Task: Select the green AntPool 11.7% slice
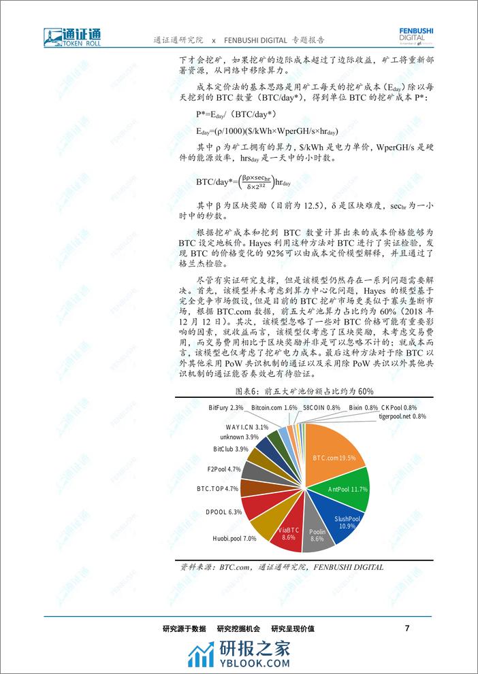click(347, 489)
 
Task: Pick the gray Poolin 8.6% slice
click(317, 535)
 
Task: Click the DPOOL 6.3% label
click(223, 511)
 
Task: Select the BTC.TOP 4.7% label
click(217, 488)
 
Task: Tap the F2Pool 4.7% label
click(224, 469)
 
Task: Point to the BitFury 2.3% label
click(226, 407)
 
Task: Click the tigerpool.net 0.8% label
click(401, 416)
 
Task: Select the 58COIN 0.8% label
click(322, 407)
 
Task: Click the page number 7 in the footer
click(407, 628)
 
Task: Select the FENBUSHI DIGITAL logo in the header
click(416, 35)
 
